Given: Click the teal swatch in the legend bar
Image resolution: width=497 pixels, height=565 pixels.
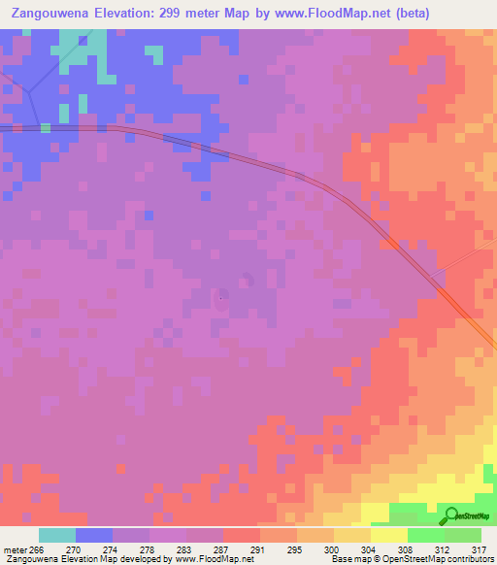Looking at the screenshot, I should click(x=57, y=535).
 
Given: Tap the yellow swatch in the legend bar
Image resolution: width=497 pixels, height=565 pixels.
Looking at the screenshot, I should click(x=389, y=535).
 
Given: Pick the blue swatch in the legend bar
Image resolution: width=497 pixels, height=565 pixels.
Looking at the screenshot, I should click(x=94, y=535).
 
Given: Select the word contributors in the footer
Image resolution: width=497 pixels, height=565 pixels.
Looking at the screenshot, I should click(x=468, y=559).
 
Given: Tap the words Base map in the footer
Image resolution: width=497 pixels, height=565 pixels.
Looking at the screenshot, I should click(x=347, y=559).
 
